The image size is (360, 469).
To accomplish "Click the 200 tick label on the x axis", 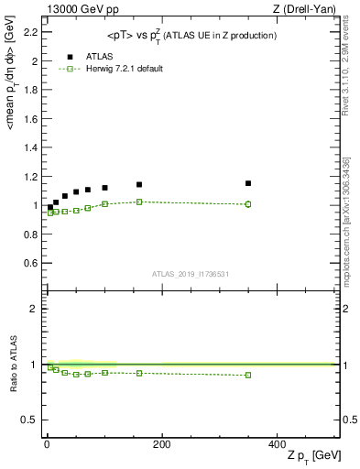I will [161, 444].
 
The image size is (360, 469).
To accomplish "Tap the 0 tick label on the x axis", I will [47, 444].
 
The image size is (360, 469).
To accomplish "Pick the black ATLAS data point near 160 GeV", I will [138, 185].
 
